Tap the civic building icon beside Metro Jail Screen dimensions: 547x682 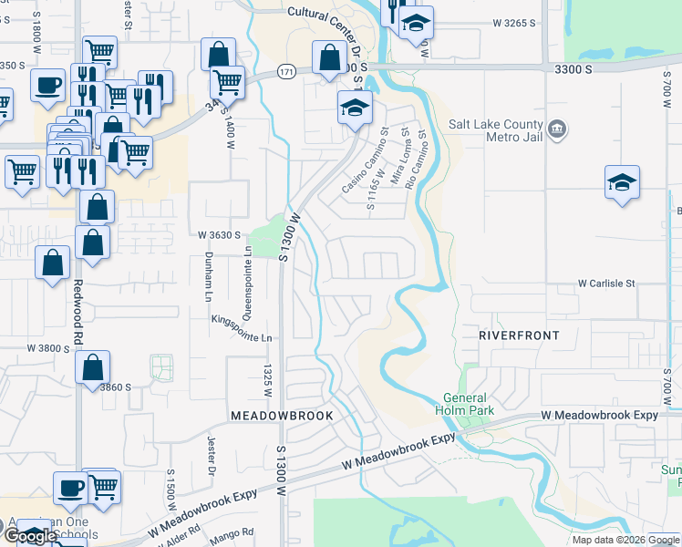click(x=556, y=131)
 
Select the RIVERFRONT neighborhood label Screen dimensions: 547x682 click(x=519, y=335)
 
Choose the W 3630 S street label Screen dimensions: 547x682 click(x=219, y=234)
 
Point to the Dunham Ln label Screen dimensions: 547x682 click(x=208, y=277)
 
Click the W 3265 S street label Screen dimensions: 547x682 click(x=513, y=22)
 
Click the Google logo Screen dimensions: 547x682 click(x=30, y=536)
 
